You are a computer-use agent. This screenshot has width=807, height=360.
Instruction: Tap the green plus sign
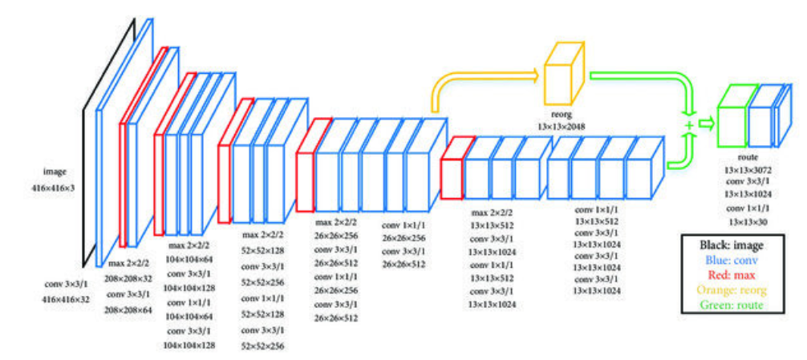point(687,127)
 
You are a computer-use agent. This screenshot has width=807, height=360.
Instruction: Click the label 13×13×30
point(746,220)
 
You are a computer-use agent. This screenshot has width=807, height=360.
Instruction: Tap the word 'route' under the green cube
point(746,159)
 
